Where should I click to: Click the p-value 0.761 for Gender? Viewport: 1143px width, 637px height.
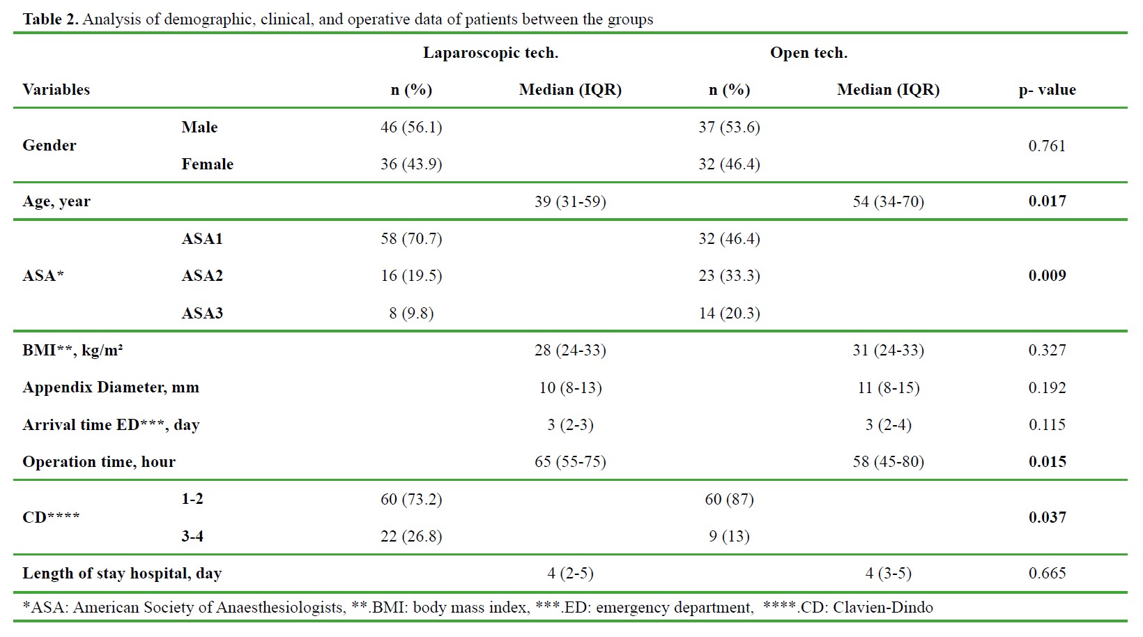1047,146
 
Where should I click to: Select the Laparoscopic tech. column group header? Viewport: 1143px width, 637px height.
490,53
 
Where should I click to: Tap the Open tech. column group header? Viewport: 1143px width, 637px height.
808,53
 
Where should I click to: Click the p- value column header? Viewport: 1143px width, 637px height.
1047,90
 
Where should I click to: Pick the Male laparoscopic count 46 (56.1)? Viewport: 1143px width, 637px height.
411,128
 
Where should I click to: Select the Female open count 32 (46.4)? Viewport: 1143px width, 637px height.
729,164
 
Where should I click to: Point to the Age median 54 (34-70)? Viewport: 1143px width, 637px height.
888,202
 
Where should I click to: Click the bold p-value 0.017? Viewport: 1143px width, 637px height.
1047,201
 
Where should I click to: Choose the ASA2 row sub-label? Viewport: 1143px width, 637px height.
202,276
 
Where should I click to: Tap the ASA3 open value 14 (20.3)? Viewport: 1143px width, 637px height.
729,314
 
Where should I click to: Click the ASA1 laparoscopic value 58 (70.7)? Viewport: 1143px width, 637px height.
411,239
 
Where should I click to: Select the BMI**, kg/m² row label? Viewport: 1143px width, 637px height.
72,351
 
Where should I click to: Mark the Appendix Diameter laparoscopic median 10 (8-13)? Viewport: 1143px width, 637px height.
570,388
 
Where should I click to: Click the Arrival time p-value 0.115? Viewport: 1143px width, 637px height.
1047,425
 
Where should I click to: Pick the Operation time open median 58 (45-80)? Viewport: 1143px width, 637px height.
888,462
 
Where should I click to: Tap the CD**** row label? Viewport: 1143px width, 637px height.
51,518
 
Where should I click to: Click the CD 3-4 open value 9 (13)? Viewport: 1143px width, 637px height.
729,537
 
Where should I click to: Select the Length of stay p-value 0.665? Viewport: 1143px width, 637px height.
1047,574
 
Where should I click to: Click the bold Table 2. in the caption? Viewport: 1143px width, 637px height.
50,20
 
